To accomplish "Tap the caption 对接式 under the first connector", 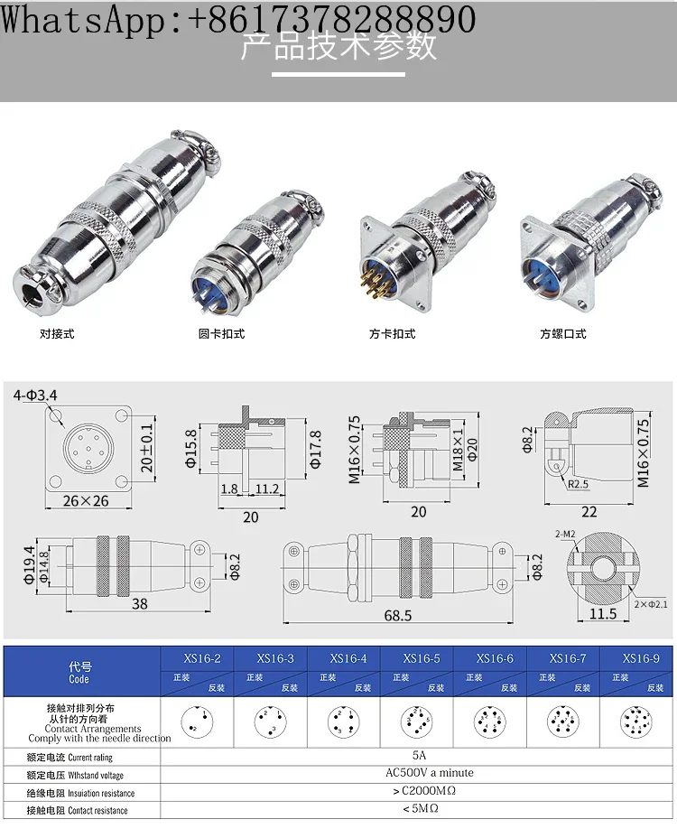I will (56, 333).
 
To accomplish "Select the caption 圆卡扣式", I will (221, 333).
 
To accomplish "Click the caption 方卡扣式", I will (392, 333).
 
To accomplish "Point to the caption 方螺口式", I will (563, 333).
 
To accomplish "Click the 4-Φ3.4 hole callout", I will (36, 395).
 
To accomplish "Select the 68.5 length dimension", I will (397, 615).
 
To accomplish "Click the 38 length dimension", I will (139, 603).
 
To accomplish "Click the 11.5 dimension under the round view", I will (602, 614).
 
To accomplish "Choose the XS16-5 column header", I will (422, 658).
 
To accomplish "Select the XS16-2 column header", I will (200, 658).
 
